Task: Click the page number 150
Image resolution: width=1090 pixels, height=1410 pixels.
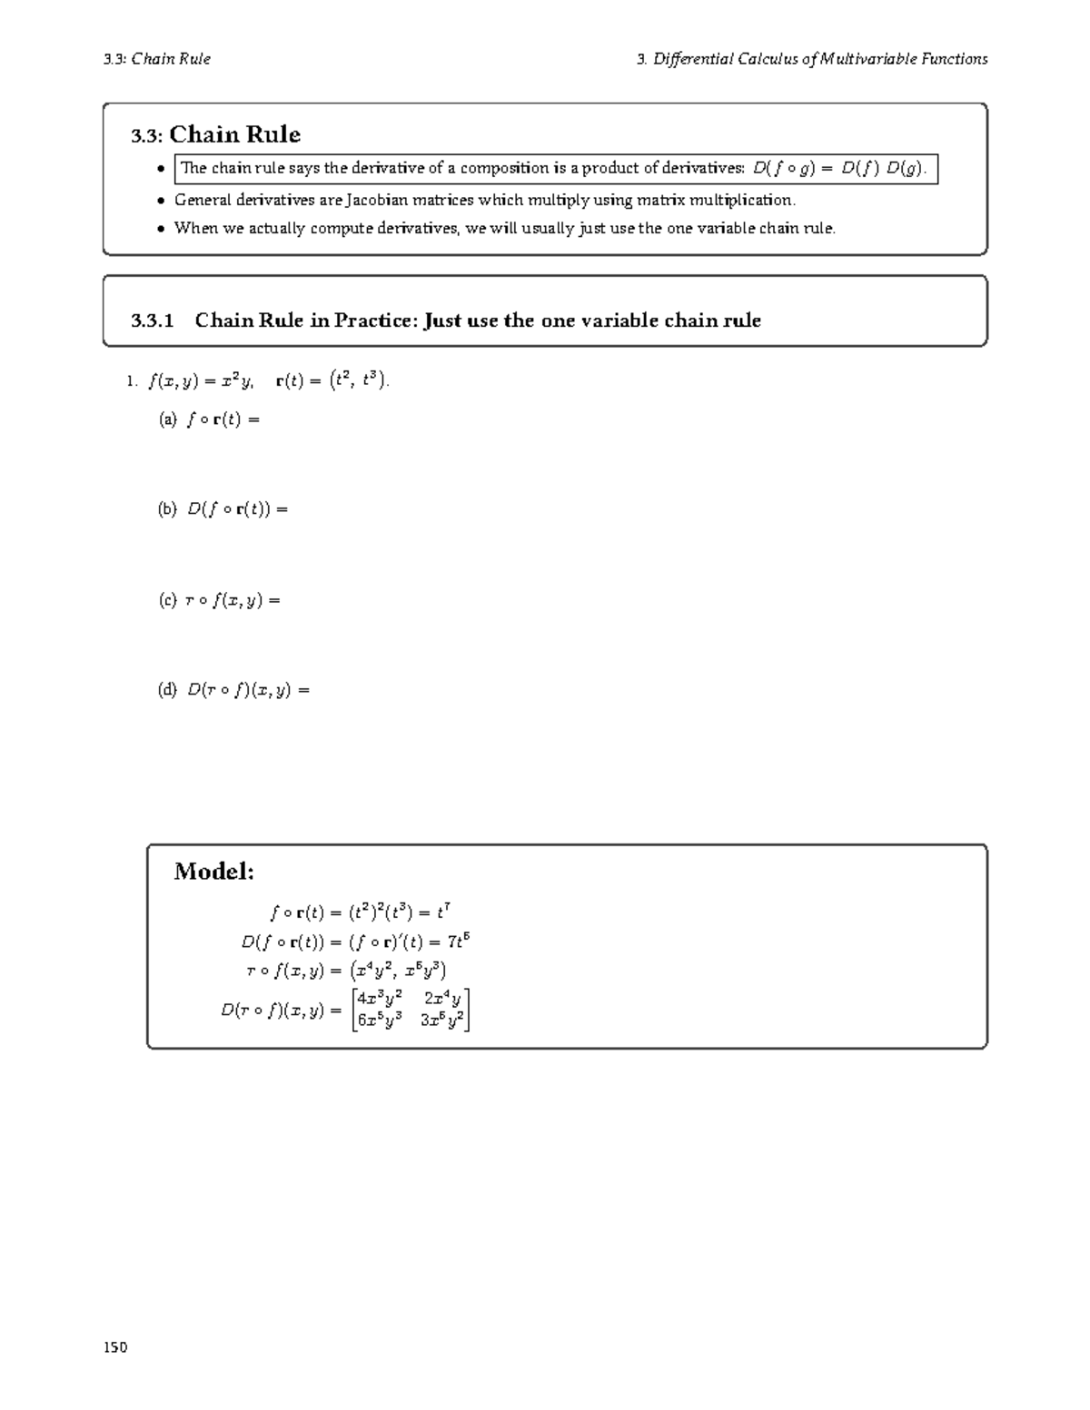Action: (115, 1347)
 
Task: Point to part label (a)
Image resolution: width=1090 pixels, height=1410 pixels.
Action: (168, 419)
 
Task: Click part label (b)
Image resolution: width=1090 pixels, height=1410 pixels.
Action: (168, 509)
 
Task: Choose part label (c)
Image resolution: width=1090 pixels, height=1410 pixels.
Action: (168, 600)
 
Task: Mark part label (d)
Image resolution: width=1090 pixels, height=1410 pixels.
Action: (168, 690)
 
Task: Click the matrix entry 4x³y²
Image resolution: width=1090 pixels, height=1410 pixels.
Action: (380, 999)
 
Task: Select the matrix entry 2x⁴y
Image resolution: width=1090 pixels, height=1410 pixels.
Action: (442, 999)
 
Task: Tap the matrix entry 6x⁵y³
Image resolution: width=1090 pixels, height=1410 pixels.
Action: (380, 1020)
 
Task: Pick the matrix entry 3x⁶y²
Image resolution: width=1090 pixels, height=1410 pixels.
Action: (442, 1020)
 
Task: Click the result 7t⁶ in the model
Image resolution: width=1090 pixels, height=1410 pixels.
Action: (458, 941)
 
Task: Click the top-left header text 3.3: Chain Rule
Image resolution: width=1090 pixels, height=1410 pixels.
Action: (157, 59)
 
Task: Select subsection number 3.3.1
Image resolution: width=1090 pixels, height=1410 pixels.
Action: (152, 320)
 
